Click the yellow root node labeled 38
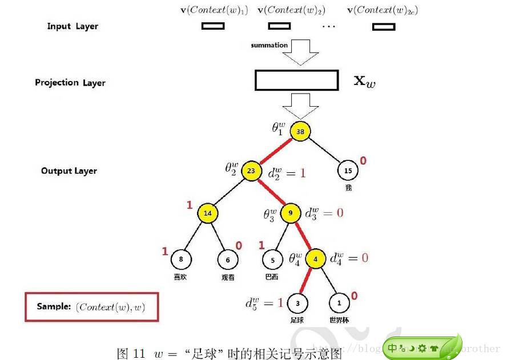point(300,131)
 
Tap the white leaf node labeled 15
point(348,170)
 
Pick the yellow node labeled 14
point(208,213)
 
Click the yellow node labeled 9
point(290,213)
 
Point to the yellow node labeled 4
point(315,259)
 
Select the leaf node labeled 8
point(181,260)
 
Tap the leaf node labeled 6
point(228,260)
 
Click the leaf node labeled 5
point(272,260)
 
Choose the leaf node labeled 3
point(297,302)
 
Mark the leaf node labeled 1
point(339,302)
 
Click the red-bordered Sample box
point(91,307)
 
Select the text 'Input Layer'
point(73,26)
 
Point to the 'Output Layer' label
point(69,171)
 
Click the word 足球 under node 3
point(297,321)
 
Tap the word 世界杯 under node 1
point(339,321)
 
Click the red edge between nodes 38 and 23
point(276,151)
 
